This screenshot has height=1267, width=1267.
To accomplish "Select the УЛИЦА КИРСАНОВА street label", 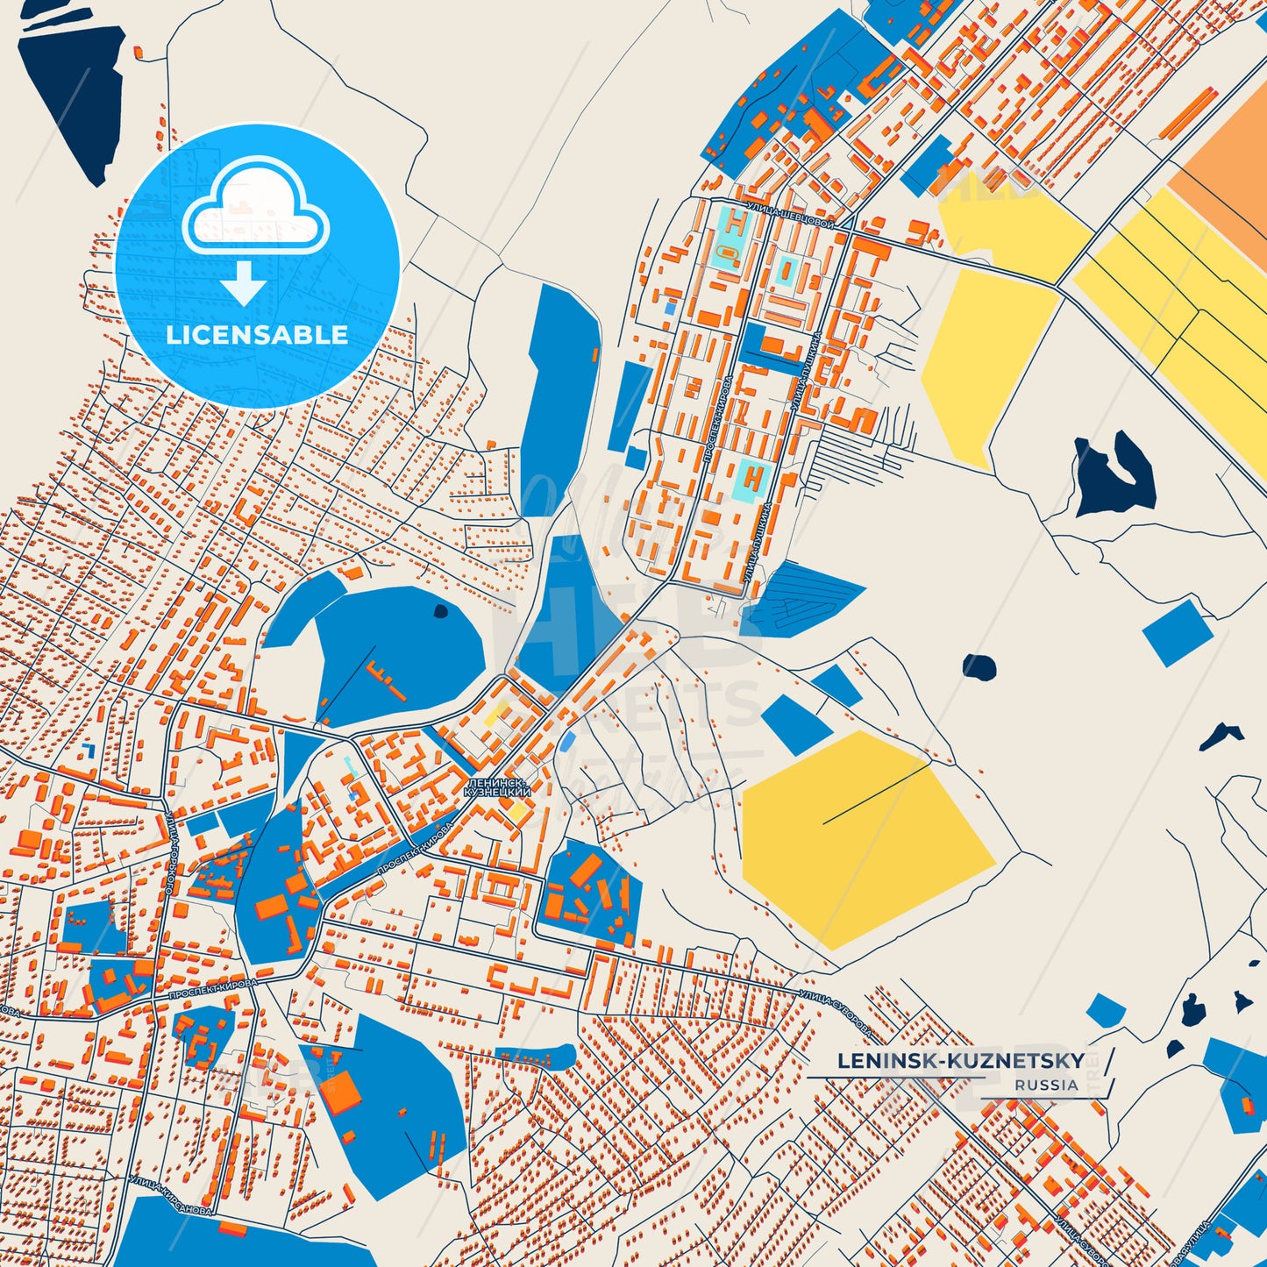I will click(170, 1196).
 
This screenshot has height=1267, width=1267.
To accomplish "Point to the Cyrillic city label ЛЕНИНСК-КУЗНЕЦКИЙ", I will click(497, 787).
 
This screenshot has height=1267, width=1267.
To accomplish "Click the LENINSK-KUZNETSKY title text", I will click(960, 1061).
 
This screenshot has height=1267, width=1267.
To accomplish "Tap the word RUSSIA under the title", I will click(1047, 1085).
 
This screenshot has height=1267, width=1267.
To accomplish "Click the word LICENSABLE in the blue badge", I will click(257, 335).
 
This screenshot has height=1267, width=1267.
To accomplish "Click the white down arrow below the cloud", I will click(244, 282).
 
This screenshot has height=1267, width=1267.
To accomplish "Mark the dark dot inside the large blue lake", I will click(441, 611).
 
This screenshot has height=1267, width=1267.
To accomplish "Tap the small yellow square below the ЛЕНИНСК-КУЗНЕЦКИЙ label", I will click(518, 812).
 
